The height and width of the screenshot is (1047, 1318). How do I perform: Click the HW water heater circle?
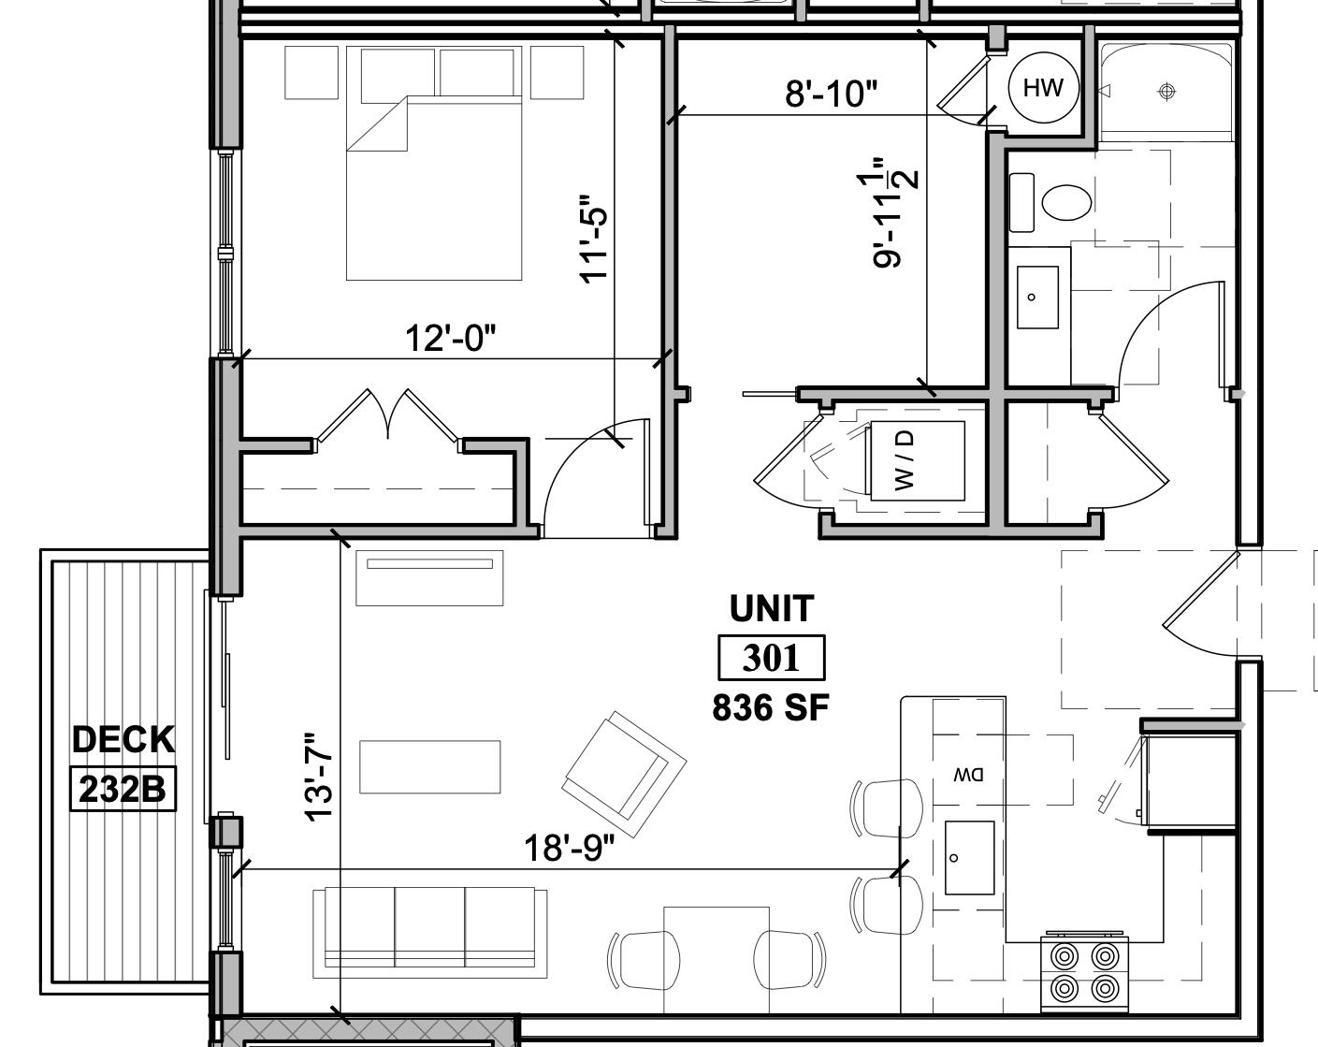coord(1043,88)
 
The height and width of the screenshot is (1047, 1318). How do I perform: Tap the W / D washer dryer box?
coord(918,460)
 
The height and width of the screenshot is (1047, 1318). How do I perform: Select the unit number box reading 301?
coord(772,658)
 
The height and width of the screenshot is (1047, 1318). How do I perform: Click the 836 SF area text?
coord(771,708)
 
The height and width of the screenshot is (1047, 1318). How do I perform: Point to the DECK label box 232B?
coord(123,789)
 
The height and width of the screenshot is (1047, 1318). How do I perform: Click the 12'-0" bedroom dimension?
coord(450,338)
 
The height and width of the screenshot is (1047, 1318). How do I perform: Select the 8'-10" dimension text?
coord(832,94)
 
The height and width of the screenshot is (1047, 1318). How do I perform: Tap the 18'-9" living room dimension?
coord(569,849)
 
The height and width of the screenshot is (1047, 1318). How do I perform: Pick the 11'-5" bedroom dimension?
coord(594,239)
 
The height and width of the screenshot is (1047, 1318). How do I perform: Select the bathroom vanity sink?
coord(1037,297)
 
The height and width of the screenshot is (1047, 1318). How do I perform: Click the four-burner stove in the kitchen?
coord(1085,972)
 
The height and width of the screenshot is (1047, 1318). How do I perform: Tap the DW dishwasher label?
coord(968,775)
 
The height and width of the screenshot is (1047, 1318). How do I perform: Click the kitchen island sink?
coord(969,858)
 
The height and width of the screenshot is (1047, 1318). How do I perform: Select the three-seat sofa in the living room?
coord(430,927)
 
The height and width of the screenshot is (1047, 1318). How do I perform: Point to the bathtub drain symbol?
coord(1166,91)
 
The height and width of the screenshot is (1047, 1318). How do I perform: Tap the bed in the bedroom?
coord(433,187)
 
